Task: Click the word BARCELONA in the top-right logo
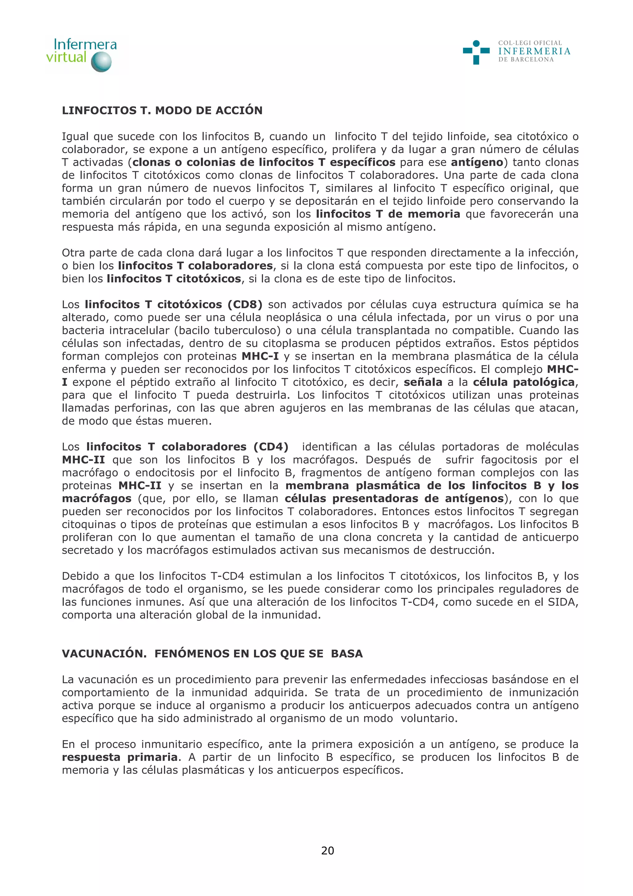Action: tap(532, 60)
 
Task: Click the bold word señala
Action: tap(423, 382)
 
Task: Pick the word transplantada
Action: tap(393, 330)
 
